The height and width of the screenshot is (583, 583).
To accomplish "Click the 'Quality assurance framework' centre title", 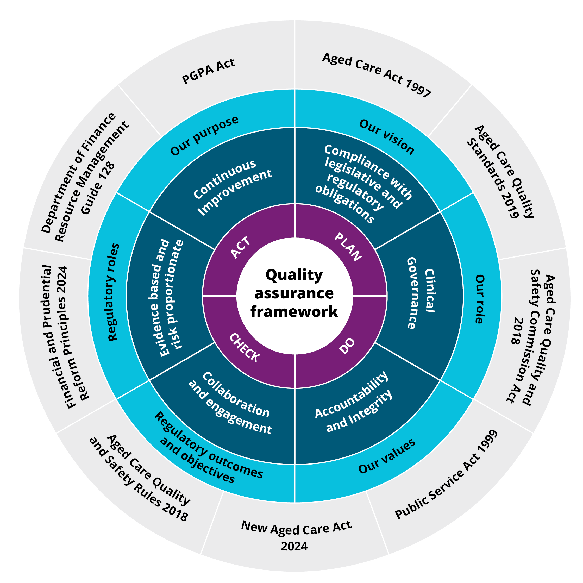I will pos(294,293).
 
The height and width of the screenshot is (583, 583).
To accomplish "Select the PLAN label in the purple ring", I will pos(348,247).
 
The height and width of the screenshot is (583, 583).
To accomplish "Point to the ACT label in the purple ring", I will pos(241,247).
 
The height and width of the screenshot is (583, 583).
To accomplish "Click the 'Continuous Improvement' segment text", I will pos(232,187).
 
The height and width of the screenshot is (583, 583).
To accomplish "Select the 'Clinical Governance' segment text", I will pos(421,293).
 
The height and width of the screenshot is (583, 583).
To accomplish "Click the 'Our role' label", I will pos(479,299).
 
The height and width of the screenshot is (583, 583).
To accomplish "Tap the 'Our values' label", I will pos(387,456).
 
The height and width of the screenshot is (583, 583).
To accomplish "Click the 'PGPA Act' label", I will pos(208,71).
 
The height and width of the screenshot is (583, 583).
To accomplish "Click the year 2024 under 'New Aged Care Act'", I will pos(294,546).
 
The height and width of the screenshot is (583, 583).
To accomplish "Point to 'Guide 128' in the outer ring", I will pos(98,189).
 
